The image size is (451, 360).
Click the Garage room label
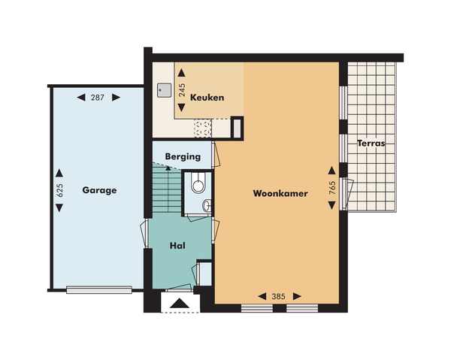[99, 190]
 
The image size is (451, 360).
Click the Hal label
[177, 245]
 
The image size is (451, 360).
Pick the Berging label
[183, 157]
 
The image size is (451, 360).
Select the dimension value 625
[61, 190]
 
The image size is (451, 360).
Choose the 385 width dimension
[277, 295]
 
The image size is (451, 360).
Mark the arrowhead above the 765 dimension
[331, 168]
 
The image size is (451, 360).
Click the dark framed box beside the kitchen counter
[237, 129]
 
